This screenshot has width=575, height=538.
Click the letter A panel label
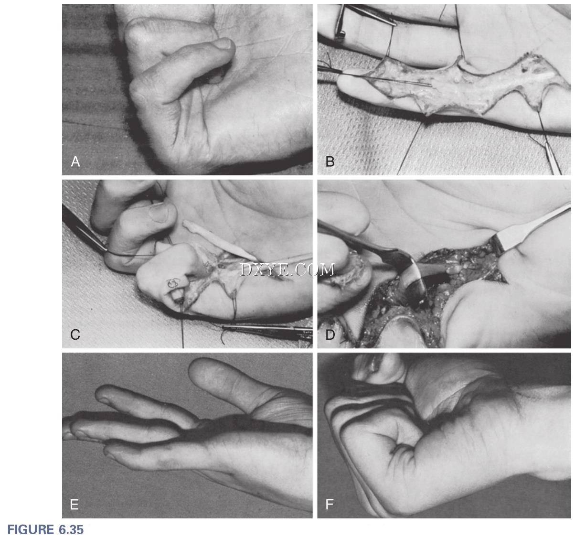coord(75,161)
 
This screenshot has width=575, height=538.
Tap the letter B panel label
coord(330,161)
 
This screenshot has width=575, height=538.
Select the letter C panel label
coord(75,334)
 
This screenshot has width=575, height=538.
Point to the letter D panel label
coord(330,334)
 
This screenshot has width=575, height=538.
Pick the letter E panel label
coord(75,505)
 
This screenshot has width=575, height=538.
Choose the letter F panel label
coord(330,505)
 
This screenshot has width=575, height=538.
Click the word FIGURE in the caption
coord(31,529)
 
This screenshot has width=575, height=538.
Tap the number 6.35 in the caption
coord(71,529)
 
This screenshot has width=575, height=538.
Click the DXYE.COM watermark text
coord(287,270)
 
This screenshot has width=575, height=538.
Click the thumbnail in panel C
coord(159,212)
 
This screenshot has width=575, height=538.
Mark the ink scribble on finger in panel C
coord(173,283)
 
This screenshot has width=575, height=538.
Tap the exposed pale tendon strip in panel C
coord(220,240)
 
